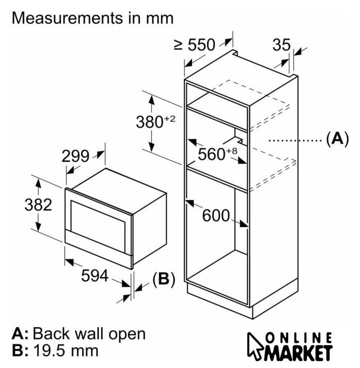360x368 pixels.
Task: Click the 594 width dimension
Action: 95,275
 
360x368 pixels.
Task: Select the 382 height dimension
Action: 39,205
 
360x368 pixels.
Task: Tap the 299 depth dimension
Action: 75,156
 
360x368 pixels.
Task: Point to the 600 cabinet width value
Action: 216,215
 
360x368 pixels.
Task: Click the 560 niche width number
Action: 212,154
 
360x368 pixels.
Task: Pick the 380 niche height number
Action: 150,122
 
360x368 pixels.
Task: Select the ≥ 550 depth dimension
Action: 194,45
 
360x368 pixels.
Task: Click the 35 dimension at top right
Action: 282,44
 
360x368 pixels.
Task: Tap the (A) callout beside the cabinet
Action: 338,139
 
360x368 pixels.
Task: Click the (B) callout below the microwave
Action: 164,279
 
